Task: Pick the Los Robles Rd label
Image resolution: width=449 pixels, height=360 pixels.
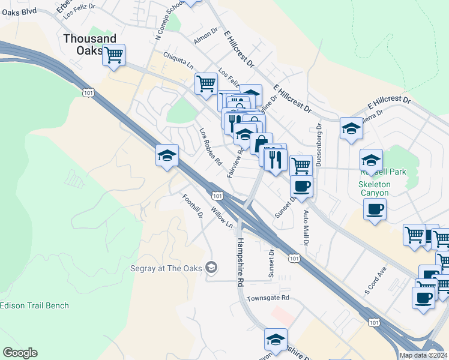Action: (x=211, y=146)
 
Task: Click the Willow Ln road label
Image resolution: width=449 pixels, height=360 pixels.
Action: (x=221, y=217)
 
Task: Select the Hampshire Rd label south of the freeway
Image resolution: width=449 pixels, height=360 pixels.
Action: (x=240, y=261)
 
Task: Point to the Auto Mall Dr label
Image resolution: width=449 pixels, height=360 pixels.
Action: (x=306, y=229)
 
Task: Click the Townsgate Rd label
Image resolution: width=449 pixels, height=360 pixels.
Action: (x=268, y=298)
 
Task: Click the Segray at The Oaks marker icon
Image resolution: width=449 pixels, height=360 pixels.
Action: (x=211, y=268)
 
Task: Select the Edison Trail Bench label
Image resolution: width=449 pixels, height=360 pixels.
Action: (x=34, y=305)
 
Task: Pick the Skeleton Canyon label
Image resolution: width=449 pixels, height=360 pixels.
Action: (x=374, y=188)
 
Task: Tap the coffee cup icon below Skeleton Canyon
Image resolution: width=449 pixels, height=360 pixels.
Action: (x=375, y=209)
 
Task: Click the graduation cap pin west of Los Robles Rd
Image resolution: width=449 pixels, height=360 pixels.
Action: (x=166, y=156)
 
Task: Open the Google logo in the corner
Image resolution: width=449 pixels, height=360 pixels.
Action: (x=20, y=353)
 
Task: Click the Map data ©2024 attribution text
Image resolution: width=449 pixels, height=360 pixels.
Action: (x=424, y=355)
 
